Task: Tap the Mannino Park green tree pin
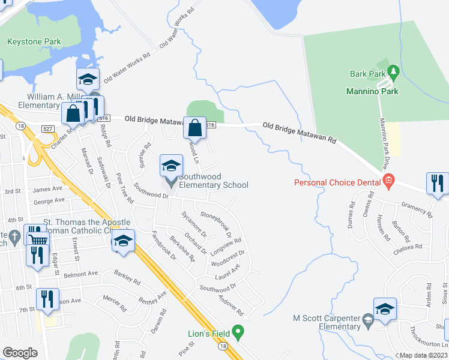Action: pyautogui.click(x=394, y=73)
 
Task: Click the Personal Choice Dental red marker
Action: pyautogui.click(x=388, y=180)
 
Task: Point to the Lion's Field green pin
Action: pyautogui.click(x=238, y=331)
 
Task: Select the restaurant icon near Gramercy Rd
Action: pyautogui.click(x=437, y=183)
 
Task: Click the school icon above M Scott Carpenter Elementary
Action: pyautogui.click(x=385, y=308)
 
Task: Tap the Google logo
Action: pyautogui.click(x=20, y=352)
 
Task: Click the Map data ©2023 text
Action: pyautogui.click(x=423, y=355)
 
